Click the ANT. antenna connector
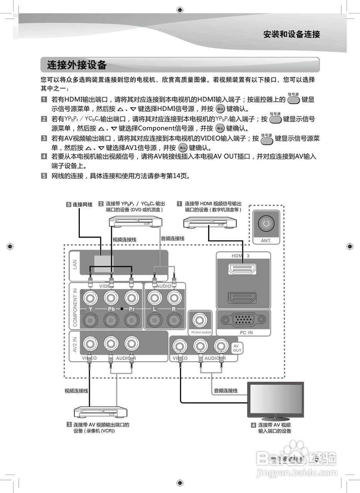[x=266, y=223]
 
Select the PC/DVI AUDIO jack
[x=200, y=320]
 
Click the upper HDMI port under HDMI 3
[x=243, y=269]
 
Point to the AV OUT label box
[x=237, y=348]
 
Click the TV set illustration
[x=276, y=401]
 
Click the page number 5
[x=316, y=459]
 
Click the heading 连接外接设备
[x=77, y=65]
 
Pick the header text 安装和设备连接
[x=291, y=34]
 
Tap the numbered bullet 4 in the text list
[x=44, y=157]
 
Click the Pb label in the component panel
[x=111, y=309]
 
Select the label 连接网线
[x=82, y=205]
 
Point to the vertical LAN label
[x=75, y=265]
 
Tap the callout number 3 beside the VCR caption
[x=69, y=425]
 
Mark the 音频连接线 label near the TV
[x=225, y=391]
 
